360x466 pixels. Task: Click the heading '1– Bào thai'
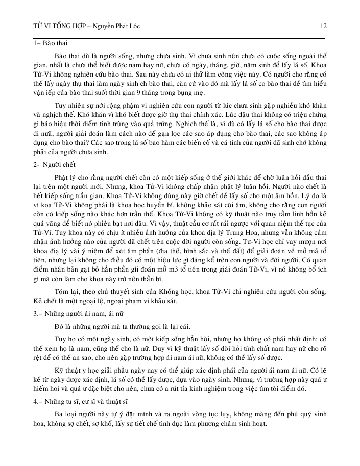pyautogui.click(x=47, y=43)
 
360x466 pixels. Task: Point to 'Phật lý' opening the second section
pyautogui.click(x=66, y=178)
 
